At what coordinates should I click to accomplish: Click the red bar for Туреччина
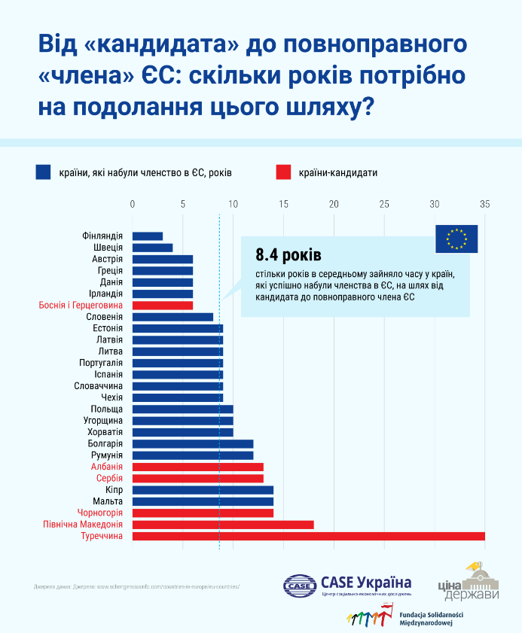pos(309,536)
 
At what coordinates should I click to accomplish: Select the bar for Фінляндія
pos(148,236)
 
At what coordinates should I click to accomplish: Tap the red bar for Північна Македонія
pos(223,525)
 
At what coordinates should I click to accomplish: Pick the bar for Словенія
pos(172,317)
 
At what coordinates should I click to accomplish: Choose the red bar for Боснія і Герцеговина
pos(163,305)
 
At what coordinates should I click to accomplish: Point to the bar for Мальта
pos(203,501)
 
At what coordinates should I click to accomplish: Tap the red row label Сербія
pos(109,478)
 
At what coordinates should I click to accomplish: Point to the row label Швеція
pos(107,248)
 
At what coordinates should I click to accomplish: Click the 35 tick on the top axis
pos(484,204)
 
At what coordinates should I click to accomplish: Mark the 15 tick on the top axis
pos(283,204)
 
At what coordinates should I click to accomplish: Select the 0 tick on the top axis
pos(133,204)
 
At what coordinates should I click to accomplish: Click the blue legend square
pos(43,172)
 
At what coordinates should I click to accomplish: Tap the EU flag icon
pos(456,239)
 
